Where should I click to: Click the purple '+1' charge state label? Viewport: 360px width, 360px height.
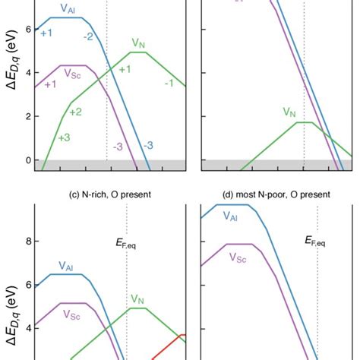click(50, 84)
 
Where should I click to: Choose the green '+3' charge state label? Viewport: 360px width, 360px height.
click(65, 138)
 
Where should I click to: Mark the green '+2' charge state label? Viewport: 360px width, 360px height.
click(75, 111)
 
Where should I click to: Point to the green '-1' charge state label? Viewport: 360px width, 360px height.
click(169, 83)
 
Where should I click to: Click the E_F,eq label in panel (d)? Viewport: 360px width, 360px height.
click(317, 241)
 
